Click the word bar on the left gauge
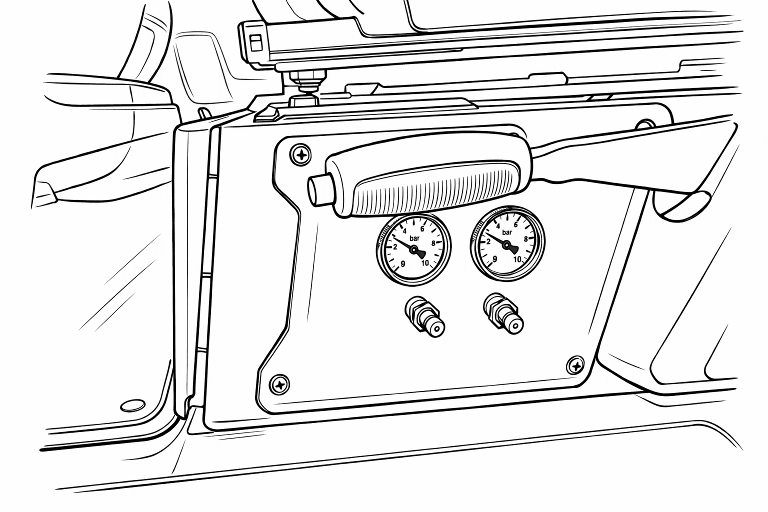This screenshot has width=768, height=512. pyautogui.click(x=414, y=238)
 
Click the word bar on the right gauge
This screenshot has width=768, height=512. pyautogui.click(x=507, y=232)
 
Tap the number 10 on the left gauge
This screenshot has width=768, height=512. pyautogui.click(x=425, y=263)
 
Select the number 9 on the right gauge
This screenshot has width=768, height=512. pyautogui.click(x=494, y=259)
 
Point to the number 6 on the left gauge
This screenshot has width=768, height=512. pyautogui.click(x=422, y=228)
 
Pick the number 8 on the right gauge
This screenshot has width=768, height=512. pyautogui.click(x=525, y=239)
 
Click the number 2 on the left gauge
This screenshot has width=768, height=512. pyautogui.click(x=395, y=247)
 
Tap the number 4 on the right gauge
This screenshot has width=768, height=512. pyautogui.click(x=498, y=225)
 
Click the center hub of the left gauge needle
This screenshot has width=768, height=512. pyautogui.click(x=413, y=249)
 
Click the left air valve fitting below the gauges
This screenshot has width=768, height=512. pyautogui.click(x=424, y=316)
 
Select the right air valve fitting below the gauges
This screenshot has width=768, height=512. pyautogui.click(x=503, y=313)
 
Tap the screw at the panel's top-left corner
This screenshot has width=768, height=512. pyautogui.click(x=300, y=154)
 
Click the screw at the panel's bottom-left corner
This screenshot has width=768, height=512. pyautogui.click(x=279, y=384)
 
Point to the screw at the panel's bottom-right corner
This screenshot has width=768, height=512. pyautogui.click(x=575, y=365)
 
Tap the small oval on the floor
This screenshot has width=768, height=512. pyautogui.click(x=132, y=405)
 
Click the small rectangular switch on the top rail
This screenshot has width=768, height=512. pyautogui.click(x=256, y=43)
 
